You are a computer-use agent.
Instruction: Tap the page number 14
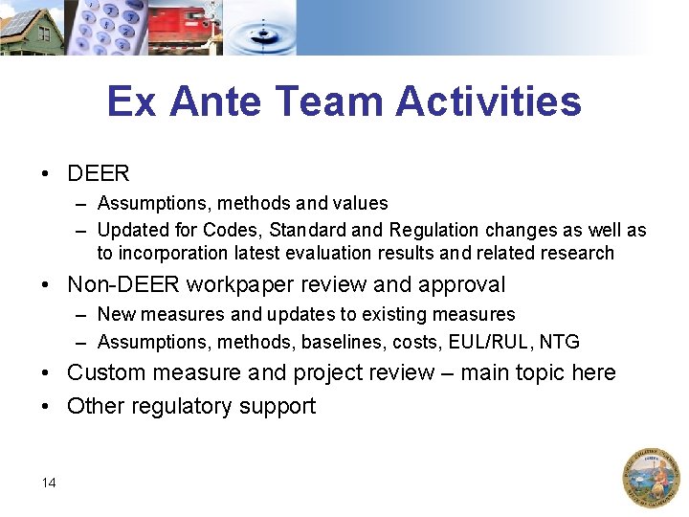[x=49, y=483]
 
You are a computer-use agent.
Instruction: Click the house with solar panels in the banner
[x=31, y=28]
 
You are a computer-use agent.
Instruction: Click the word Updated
[x=132, y=230]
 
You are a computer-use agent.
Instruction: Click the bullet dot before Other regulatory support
[x=46, y=406]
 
